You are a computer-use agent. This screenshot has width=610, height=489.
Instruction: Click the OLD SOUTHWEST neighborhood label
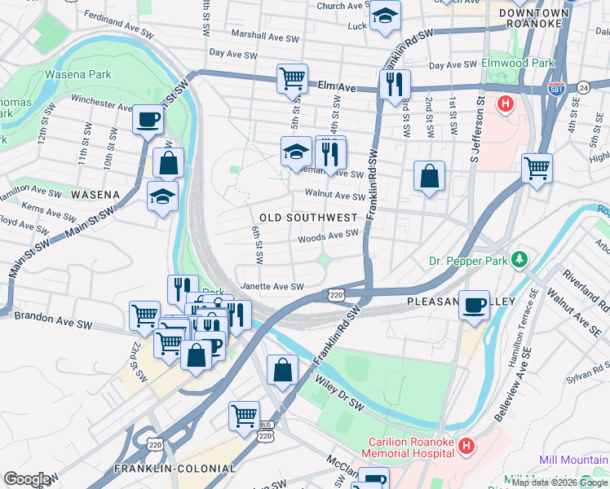pyautogui.click(x=308, y=218)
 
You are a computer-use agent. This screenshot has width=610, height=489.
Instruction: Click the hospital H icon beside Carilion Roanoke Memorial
pyautogui.click(x=466, y=446)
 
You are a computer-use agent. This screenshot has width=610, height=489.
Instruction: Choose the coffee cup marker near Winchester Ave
pyautogui.click(x=148, y=120)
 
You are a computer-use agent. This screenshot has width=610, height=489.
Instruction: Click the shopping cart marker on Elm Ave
pyautogui.click(x=291, y=78)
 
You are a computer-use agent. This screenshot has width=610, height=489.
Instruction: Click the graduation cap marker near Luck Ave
pyautogui.click(x=384, y=15)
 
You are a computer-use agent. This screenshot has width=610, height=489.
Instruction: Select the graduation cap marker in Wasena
pyautogui.click(x=162, y=196)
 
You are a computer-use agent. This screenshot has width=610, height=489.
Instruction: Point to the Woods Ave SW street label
pyautogui.click(x=328, y=235)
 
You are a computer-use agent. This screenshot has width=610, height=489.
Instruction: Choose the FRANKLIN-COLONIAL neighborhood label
pyautogui.click(x=175, y=469)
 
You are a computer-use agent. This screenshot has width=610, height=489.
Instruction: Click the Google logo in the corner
pyautogui.click(x=27, y=479)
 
